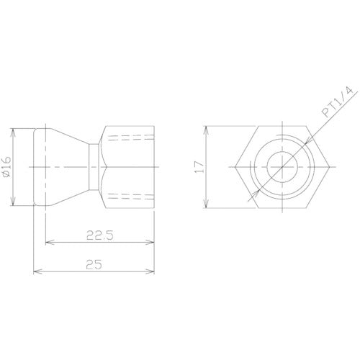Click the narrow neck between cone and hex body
point(94,168)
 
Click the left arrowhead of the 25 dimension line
point(37,272)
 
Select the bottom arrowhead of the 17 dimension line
point(208,207)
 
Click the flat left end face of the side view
point(34,168)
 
